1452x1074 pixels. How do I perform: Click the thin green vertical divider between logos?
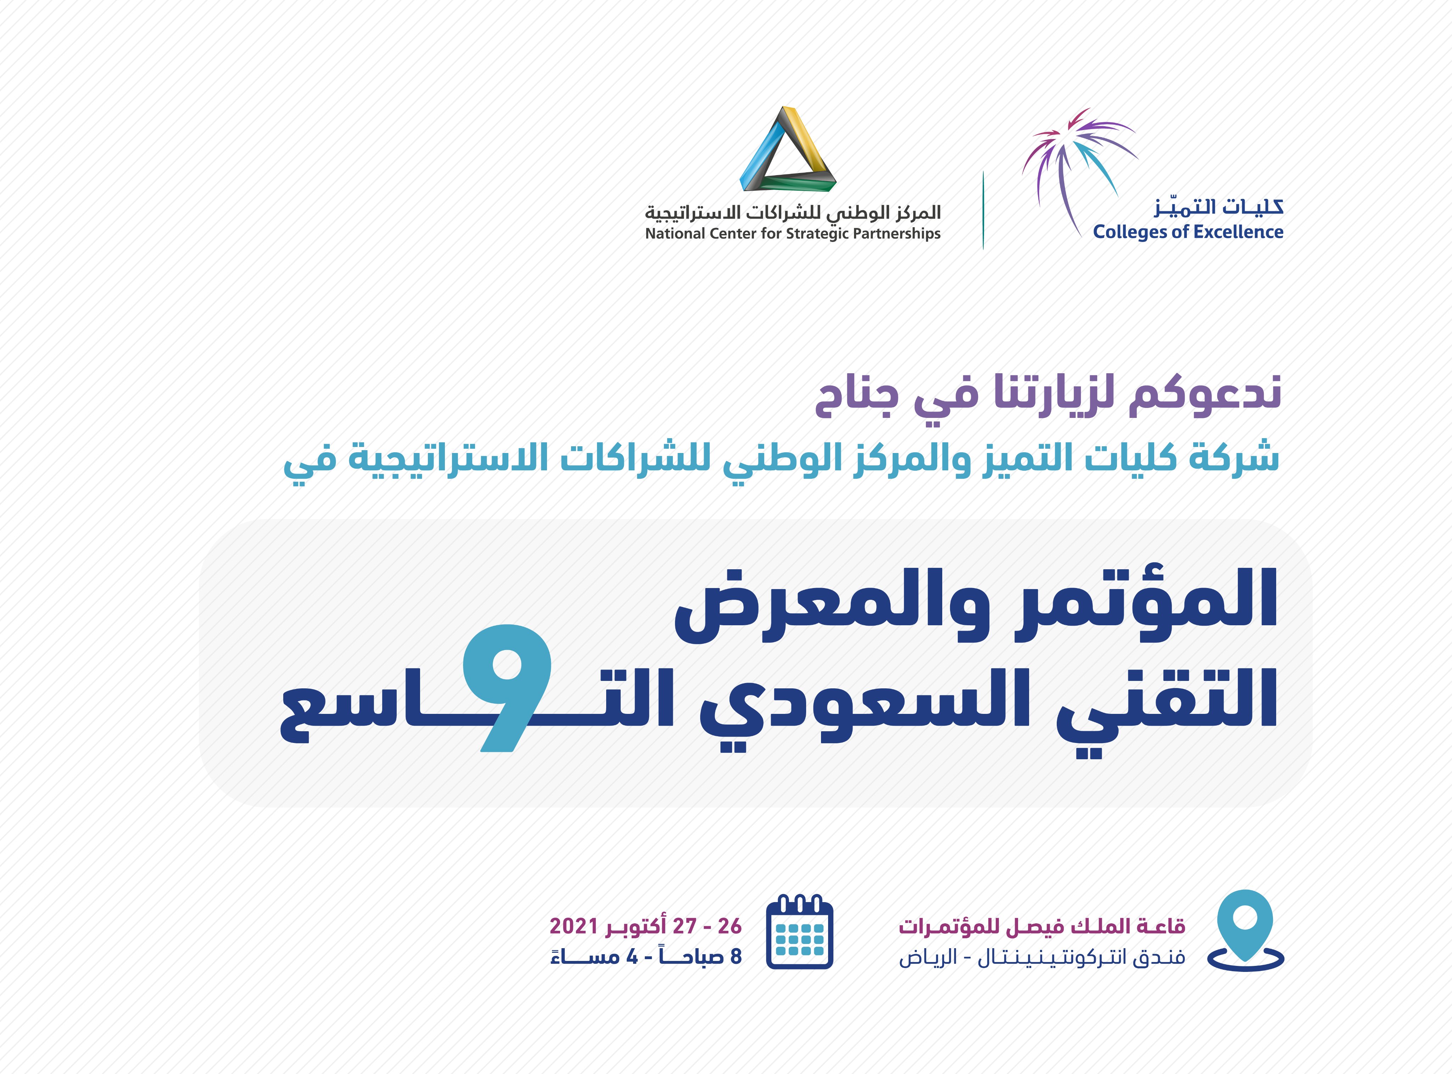click(x=983, y=210)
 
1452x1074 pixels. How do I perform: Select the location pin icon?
click(x=1245, y=931)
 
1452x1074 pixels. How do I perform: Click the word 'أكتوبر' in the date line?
click(x=635, y=925)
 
